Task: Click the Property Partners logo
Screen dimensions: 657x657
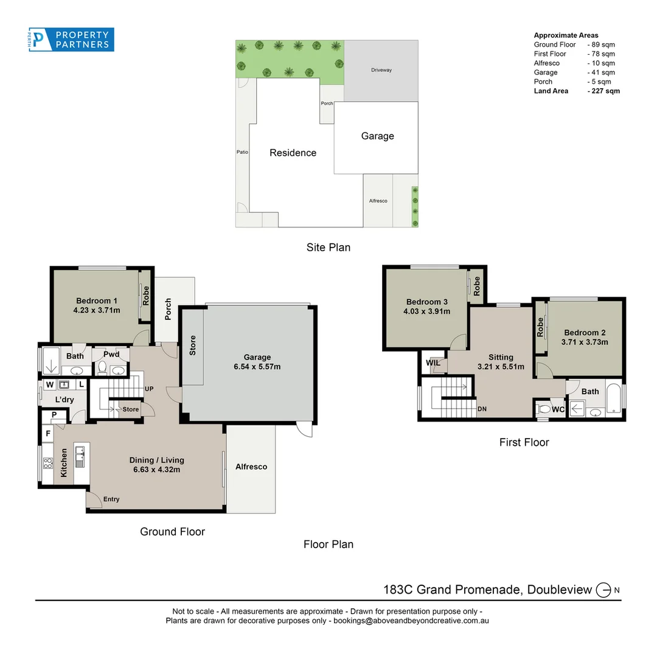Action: coord(71,40)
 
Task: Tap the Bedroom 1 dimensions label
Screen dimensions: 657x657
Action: coord(97,310)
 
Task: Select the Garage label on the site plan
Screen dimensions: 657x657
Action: coord(377,136)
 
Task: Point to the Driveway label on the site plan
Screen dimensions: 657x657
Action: coord(381,70)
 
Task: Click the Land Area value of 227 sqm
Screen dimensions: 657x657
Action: coord(603,91)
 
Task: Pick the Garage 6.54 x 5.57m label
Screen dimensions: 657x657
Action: coord(257,362)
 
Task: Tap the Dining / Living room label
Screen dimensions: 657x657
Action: coord(156,465)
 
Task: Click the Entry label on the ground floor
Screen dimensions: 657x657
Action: coord(111,499)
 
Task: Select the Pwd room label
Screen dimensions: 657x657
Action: coord(111,355)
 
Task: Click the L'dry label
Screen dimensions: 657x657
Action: coord(64,400)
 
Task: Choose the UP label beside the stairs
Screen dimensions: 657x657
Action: coord(148,389)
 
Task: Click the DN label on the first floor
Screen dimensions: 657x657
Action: coord(482,409)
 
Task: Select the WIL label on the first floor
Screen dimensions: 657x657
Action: coord(433,363)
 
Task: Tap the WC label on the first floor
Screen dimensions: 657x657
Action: coord(558,409)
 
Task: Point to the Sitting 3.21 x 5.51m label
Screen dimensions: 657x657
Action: coord(501,362)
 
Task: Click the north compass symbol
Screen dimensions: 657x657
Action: coord(603,589)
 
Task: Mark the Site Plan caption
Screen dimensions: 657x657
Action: coord(328,248)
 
